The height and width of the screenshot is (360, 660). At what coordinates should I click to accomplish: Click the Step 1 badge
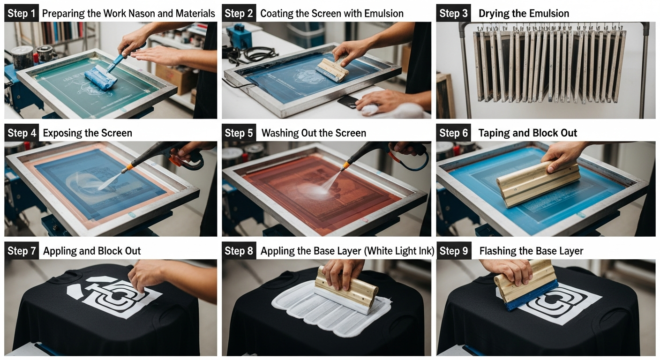tap(22, 13)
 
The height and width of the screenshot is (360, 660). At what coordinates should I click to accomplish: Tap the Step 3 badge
tap(453, 13)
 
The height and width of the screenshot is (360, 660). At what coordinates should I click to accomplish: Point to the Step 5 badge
tap(239, 133)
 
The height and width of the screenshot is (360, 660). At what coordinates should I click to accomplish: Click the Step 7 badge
tap(22, 251)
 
